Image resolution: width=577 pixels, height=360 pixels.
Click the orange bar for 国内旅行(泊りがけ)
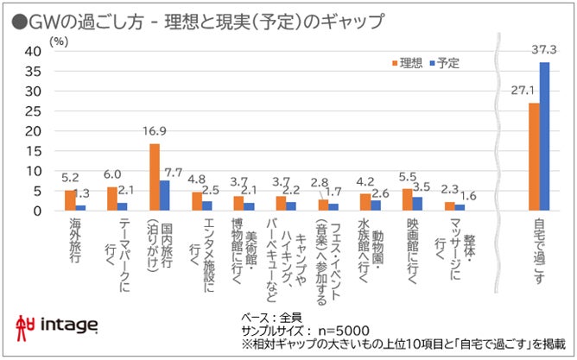pyautogui.click(x=155, y=177)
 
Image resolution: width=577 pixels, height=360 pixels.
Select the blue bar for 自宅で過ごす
pyautogui.click(x=544, y=136)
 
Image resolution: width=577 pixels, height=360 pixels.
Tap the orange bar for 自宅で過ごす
pyautogui.click(x=534, y=157)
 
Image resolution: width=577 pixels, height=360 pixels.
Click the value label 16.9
pyautogui.click(x=154, y=132)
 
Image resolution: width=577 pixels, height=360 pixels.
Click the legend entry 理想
pyautogui.click(x=410, y=62)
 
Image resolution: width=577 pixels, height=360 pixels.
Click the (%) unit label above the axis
pyautogui.click(x=58, y=40)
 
